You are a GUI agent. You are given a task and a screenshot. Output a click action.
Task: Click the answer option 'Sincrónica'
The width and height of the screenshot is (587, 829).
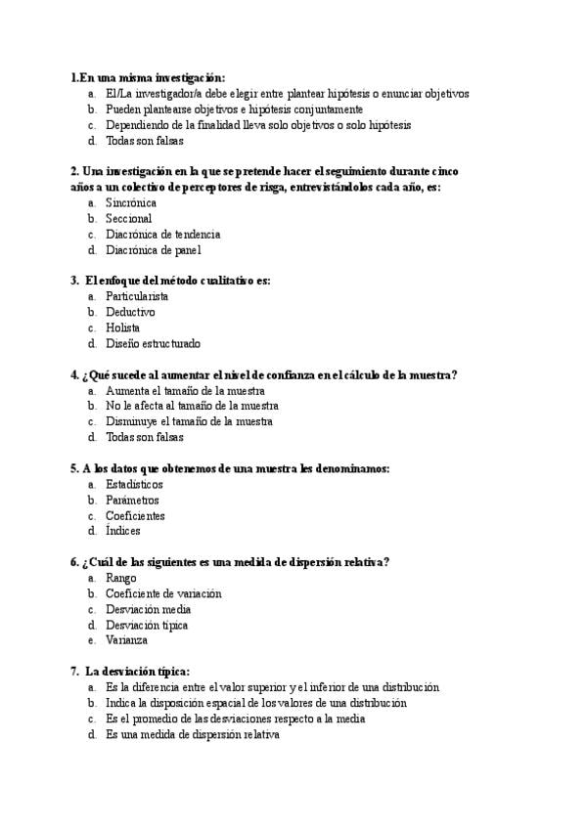[131, 202]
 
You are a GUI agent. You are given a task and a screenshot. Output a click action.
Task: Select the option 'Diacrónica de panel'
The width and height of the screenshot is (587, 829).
[153, 249]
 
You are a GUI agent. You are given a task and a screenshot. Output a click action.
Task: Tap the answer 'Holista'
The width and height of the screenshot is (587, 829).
[122, 327]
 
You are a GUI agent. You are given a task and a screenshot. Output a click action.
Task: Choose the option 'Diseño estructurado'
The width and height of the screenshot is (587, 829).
[153, 343]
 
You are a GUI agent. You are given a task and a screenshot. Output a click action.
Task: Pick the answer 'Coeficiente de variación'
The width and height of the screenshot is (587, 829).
[163, 593]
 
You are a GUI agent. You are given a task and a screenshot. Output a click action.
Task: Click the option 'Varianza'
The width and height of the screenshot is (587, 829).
[126, 640]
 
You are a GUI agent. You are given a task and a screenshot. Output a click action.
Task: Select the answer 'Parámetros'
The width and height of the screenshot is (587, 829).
[132, 500]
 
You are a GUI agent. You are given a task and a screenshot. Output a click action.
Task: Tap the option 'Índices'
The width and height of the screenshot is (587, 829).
[123, 531]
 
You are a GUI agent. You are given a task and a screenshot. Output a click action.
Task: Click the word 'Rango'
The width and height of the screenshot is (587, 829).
[121, 578]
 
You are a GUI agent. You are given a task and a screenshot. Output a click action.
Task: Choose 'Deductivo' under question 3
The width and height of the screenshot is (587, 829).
[130, 312]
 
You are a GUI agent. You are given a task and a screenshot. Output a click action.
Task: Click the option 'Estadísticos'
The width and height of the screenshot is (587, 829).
[134, 484]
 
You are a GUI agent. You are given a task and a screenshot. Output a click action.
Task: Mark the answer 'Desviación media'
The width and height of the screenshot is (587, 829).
[149, 609]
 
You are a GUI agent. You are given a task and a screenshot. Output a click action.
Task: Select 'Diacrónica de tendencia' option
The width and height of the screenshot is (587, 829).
[162, 234]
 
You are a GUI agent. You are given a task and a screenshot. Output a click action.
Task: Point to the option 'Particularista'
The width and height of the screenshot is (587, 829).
[137, 296]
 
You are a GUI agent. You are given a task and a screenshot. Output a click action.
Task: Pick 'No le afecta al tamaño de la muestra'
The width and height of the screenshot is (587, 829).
[192, 406]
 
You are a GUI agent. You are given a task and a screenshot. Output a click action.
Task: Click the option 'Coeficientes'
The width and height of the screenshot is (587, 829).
[135, 515]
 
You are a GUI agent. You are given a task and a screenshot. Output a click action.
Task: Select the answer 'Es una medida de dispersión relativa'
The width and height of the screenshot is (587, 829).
[193, 734]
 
